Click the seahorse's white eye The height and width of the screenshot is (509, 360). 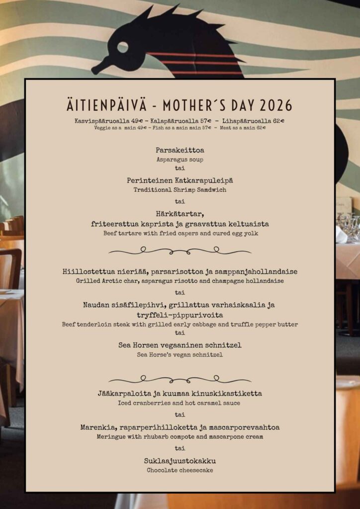[122, 47]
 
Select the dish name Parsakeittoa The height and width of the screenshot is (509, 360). [180, 150]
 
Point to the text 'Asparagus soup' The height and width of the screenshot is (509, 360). [180, 160]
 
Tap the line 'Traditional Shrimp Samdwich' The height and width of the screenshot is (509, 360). [180, 190]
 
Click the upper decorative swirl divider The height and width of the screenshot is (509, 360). [180, 252]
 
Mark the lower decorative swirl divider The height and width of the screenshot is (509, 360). [180, 379]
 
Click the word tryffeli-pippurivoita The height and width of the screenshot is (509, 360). [180, 315]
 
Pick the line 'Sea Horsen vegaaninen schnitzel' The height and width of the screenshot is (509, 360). [180, 344]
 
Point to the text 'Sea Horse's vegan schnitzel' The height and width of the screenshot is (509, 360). [180, 355]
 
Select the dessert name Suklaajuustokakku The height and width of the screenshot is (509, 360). [180, 460]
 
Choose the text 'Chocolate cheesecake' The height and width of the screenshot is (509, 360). [180, 470]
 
